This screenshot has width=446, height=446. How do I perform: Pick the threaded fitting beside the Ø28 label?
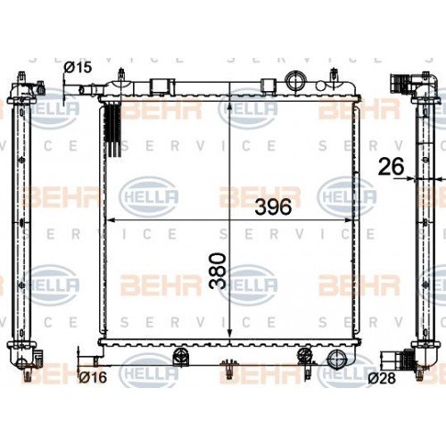click(x=396, y=362)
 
